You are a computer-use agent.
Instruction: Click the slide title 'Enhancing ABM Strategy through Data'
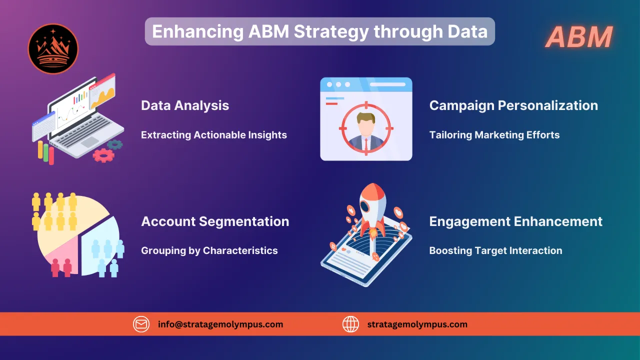point(319,31)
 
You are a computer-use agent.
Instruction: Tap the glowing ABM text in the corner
point(579,37)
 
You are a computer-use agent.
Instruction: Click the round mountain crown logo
point(53,49)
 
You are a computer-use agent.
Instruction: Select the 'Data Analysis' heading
point(185,105)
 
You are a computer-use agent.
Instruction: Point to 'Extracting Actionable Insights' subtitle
point(213,135)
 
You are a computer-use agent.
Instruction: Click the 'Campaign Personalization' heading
point(513,105)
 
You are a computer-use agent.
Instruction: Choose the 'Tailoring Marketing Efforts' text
point(494,135)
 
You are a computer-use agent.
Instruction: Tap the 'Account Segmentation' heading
point(215,221)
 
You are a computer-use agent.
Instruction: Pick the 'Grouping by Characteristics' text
point(209,250)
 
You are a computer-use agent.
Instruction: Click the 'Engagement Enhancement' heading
point(515,221)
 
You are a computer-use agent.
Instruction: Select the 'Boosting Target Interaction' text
point(495,250)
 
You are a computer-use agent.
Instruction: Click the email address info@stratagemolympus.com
point(220,324)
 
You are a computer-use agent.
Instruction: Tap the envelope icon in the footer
point(141,324)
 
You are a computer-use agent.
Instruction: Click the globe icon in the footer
point(350,324)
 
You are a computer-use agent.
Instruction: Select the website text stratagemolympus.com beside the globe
point(417,324)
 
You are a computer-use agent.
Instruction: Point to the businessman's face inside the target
point(366,121)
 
